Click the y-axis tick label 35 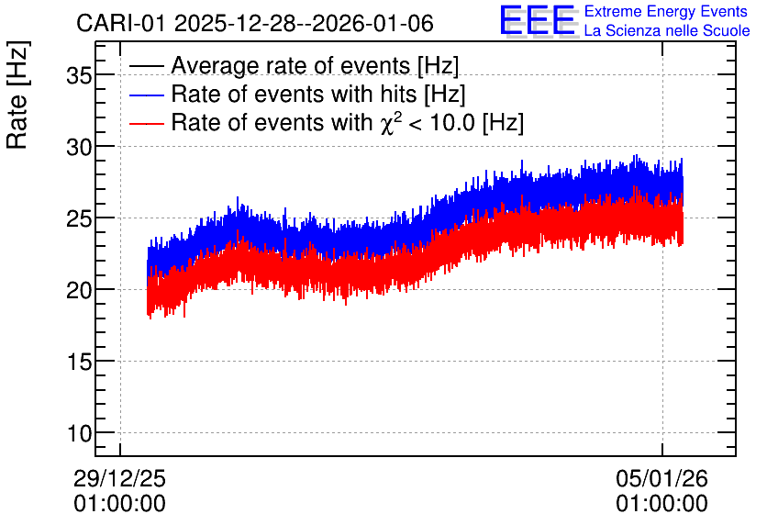(79, 76)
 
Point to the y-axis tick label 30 (79, 147)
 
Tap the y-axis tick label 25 (79, 218)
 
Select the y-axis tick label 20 (79, 290)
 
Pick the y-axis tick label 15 (79, 362)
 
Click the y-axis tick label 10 (79, 433)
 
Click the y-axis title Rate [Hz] (17, 95)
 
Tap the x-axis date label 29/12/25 (120, 478)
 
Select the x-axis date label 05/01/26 (661, 478)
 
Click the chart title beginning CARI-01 (255, 24)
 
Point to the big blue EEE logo (539, 20)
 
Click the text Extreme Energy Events (666, 11)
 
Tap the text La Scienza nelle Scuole (667, 31)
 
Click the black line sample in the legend (146, 66)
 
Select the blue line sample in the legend (146, 95)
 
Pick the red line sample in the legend (146, 123)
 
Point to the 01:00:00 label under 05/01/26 (661, 504)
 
